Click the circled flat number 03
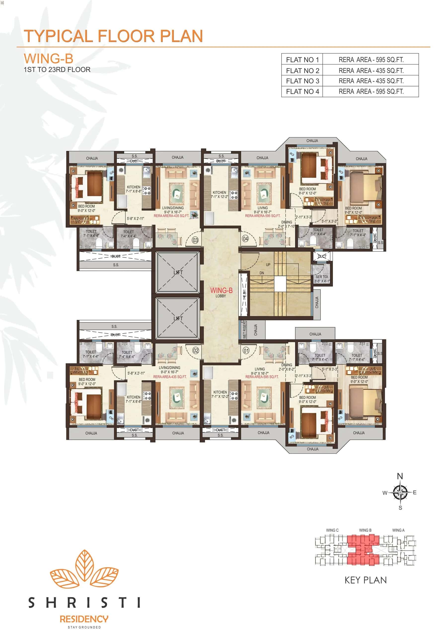[x=195, y=240]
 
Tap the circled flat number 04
[x=245, y=239]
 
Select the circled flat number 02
[x=196, y=350]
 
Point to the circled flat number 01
[x=246, y=350]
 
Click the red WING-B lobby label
[x=221, y=290]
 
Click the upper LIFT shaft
[x=178, y=272]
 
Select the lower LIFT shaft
[x=178, y=318]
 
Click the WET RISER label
[x=244, y=330]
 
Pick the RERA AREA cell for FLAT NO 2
[x=371, y=71]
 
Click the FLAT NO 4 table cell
[x=302, y=91]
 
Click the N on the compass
[x=400, y=476]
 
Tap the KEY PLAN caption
[x=365, y=580]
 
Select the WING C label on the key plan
[x=332, y=530]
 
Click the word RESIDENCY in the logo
[x=84, y=619]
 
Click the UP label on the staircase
[x=268, y=264]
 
